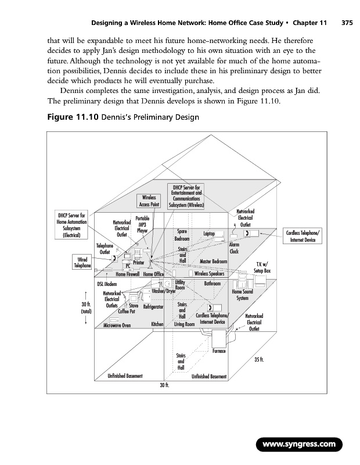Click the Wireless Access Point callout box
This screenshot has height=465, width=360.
[x=148, y=201]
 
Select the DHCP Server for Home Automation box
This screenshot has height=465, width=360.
[x=72, y=224]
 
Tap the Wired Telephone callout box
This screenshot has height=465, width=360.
[x=82, y=262]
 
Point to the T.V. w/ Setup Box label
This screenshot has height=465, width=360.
[x=262, y=267]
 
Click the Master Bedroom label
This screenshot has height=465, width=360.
[x=213, y=261]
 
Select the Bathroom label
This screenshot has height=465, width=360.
[x=213, y=284]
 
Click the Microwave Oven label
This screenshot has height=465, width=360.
[x=118, y=325]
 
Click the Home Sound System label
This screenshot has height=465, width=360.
[x=242, y=295]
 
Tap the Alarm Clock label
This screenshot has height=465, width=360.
[x=235, y=249]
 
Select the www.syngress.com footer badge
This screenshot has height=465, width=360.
[x=299, y=445]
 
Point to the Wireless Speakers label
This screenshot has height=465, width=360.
[x=210, y=274]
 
